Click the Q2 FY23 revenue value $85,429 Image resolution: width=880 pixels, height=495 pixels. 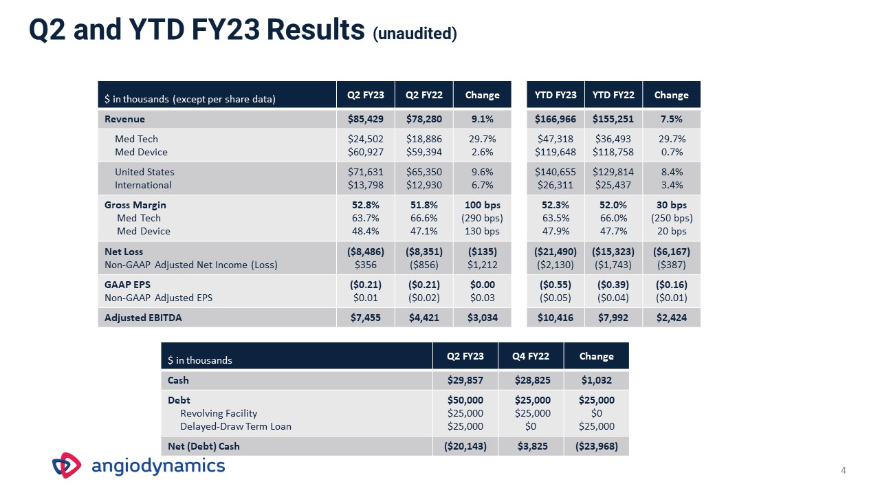point(366,119)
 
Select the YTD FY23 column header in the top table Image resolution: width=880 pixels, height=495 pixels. point(555,95)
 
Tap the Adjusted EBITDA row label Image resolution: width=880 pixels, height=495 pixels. point(143,318)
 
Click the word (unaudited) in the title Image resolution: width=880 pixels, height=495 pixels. point(415,33)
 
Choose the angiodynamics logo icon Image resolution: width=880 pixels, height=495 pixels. point(67,465)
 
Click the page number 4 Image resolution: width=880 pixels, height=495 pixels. point(843,470)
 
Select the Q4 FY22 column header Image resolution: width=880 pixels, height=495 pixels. point(531,356)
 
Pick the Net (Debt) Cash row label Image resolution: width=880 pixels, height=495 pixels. point(204,446)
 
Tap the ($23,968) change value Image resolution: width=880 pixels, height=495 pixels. point(596,446)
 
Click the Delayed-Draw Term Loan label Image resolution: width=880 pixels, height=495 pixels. point(235,426)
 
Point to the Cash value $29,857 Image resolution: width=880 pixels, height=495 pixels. point(465,380)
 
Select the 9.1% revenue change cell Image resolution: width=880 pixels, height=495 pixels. point(483,119)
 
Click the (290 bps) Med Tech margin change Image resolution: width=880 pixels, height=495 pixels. point(483,218)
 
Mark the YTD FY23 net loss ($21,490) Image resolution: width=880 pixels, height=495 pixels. point(555,252)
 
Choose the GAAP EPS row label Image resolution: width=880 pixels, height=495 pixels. point(127,285)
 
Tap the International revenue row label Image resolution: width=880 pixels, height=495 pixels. point(143,185)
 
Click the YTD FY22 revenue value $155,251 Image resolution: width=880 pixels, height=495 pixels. point(613,119)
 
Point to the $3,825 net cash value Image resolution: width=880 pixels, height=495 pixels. point(531,446)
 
